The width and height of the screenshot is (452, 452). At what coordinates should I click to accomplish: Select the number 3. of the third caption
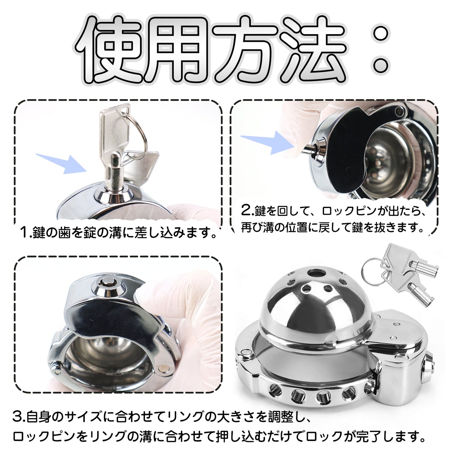19,417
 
